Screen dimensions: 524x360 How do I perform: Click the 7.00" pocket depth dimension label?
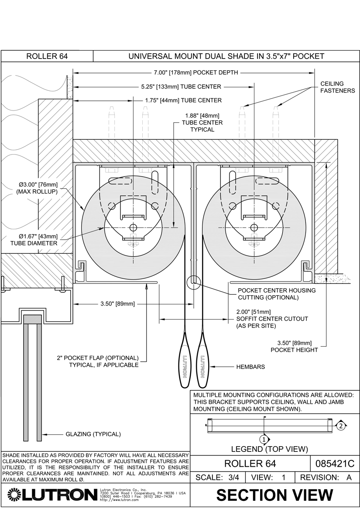pos(195,72)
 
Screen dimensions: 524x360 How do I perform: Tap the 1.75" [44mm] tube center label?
pos(183,100)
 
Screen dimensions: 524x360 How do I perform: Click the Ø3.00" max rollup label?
pos(37,188)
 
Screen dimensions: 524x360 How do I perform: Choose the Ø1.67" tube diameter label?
pos(37,240)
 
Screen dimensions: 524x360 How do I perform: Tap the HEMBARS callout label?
pos(250,367)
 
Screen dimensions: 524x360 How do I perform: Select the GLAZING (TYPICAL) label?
pos(93,434)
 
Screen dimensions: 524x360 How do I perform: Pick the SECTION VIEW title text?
pos(274,495)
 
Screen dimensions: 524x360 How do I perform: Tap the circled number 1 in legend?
pos(264,439)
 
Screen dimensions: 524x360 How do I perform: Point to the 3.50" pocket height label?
pos(294,346)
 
